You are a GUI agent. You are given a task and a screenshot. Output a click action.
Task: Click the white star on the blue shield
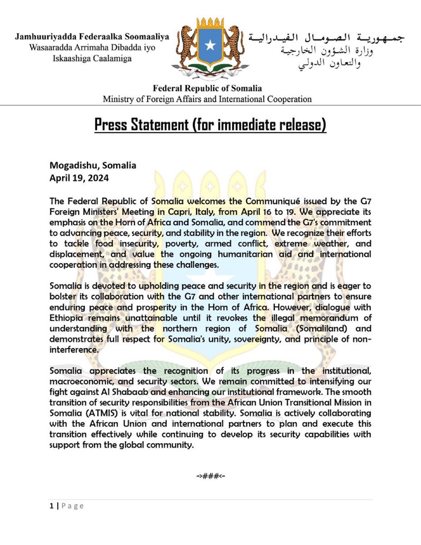[210, 45]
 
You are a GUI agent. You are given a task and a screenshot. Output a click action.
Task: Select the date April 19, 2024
[79, 178]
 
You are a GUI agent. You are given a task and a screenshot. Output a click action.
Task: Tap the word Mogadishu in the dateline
[74, 165]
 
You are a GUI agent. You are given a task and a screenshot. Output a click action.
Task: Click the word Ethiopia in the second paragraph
[66, 318]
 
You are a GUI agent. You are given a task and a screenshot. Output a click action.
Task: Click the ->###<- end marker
[210, 476]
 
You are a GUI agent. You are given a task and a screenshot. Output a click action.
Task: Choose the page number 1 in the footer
[51, 506]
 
